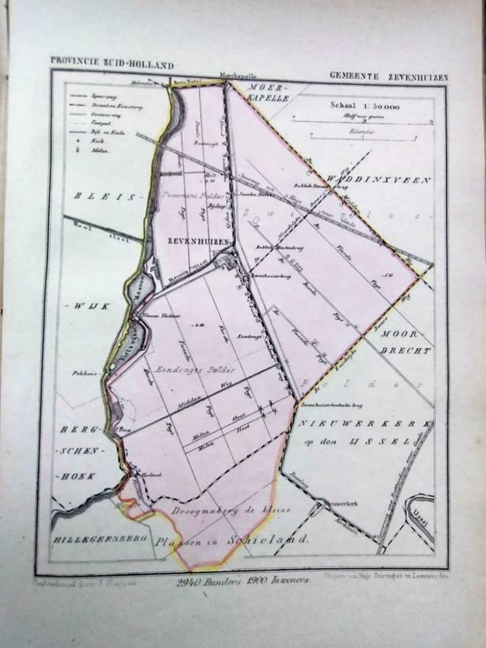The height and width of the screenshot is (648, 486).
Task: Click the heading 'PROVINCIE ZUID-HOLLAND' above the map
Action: [x=112, y=65]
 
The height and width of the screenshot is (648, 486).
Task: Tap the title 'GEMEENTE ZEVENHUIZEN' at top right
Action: [x=388, y=77]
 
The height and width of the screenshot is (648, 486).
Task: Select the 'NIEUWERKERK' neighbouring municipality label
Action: [x=363, y=424]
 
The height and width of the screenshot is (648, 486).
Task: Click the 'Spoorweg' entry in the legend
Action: [x=99, y=97]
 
